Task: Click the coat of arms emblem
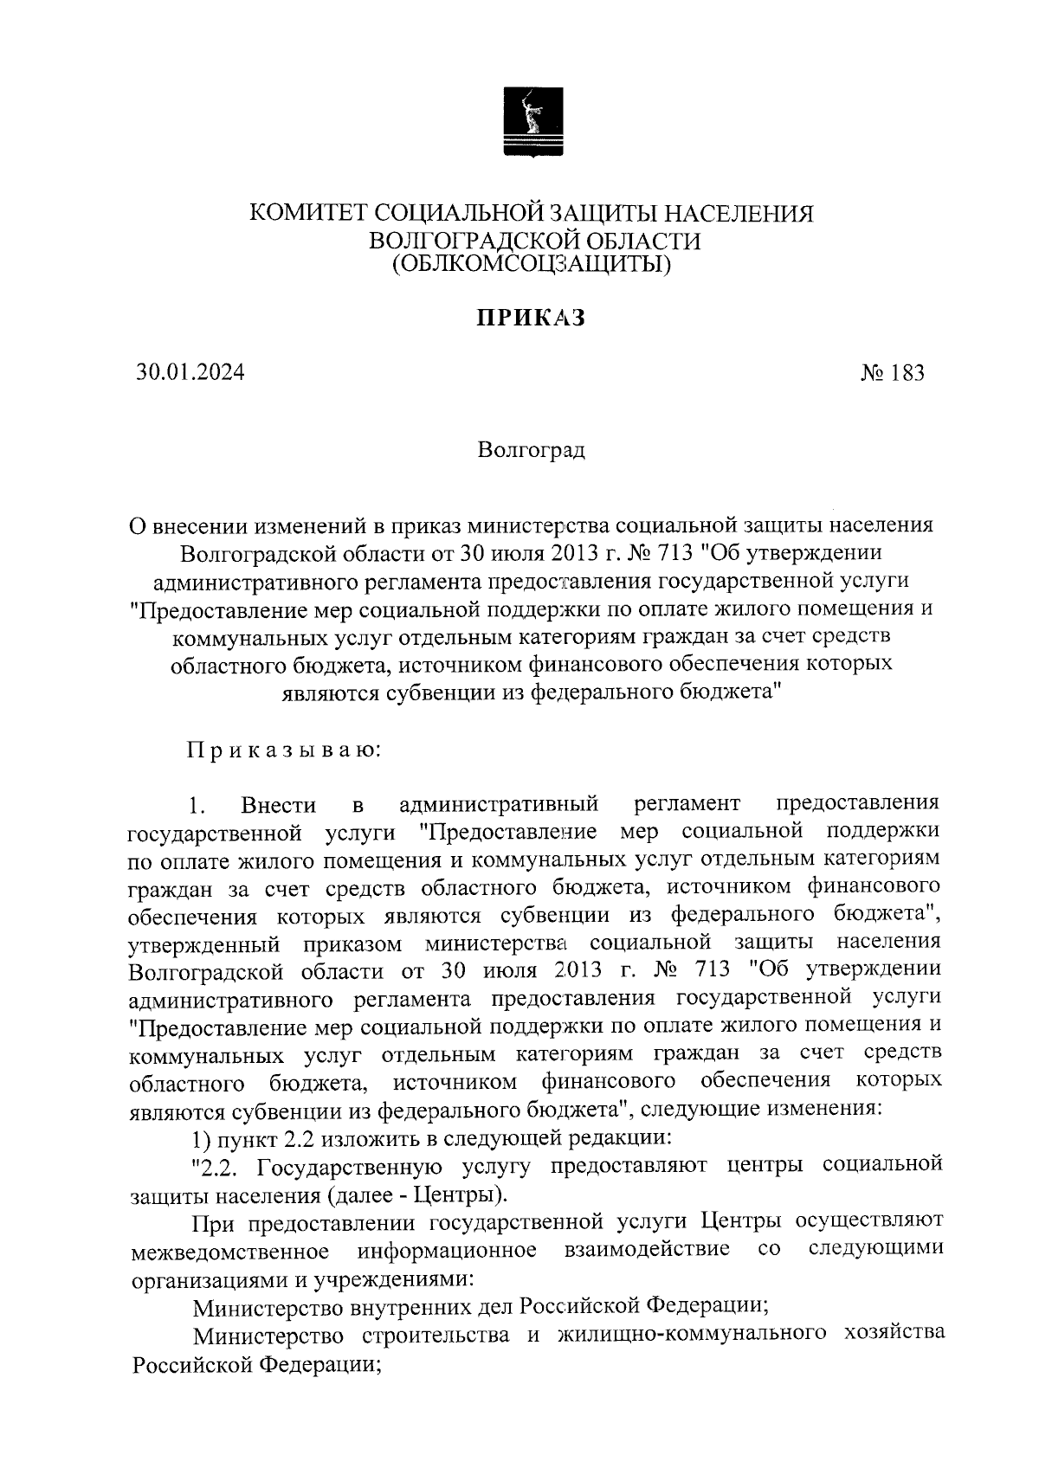532,122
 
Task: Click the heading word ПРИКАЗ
531,319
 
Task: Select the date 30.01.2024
190,372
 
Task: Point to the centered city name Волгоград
531,450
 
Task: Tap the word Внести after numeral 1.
279,805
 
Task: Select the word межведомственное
229,1252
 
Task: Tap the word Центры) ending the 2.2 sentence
460,1196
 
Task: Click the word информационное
447,1252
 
